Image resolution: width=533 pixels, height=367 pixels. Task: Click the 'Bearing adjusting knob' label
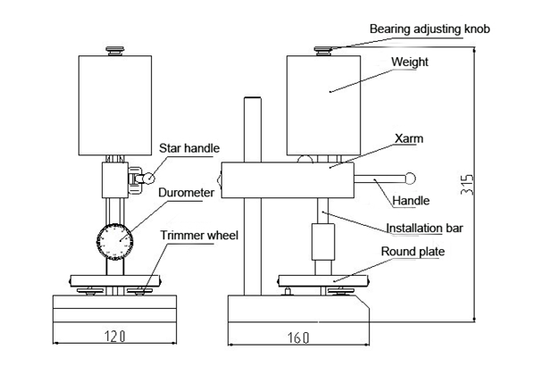(429, 29)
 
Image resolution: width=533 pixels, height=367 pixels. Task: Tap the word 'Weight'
(410, 62)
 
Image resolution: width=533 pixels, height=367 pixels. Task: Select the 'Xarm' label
(409, 138)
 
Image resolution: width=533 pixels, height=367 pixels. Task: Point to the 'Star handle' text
(189, 148)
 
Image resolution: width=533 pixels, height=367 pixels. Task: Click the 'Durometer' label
(187, 193)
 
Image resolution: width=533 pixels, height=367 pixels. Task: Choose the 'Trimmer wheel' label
(199, 236)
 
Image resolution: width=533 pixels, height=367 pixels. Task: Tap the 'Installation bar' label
(425, 228)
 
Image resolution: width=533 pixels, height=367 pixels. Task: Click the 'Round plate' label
(412, 252)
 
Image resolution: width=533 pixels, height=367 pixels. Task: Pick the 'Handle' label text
(411, 201)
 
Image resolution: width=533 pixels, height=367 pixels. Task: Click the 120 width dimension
(115, 337)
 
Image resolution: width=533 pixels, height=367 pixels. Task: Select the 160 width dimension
(298, 338)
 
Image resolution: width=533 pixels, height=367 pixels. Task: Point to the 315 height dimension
(467, 185)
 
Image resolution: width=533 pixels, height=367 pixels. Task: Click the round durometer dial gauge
(115, 241)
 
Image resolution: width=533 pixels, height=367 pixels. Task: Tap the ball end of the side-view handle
(411, 179)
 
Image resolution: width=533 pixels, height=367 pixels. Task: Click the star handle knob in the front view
(149, 179)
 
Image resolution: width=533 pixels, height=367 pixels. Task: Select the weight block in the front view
(115, 105)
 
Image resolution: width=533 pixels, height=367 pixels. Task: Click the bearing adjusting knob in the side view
(322, 51)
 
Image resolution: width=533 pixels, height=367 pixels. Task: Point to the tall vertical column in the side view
(253, 196)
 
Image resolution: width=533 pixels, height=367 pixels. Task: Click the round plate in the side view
(323, 281)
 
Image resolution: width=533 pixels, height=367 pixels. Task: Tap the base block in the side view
(298, 308)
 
